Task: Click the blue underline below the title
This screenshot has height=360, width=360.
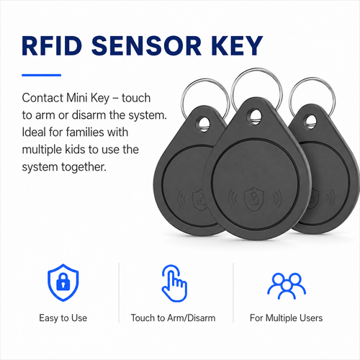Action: (x=42, y=75)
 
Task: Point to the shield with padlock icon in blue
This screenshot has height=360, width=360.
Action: (x=63, y=282)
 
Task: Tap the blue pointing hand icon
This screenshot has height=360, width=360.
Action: (x=174, y=283)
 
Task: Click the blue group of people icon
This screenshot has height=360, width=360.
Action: (x=287, y=286)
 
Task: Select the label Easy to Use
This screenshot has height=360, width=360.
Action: (x=63, y=318)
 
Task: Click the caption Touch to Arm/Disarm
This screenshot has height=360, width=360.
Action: (x=173, y=318)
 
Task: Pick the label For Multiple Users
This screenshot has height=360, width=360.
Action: (x=286, y=318)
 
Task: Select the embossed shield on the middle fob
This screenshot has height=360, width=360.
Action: (x=253, y=199)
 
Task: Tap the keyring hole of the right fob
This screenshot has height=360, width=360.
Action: (x=310, y=122)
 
